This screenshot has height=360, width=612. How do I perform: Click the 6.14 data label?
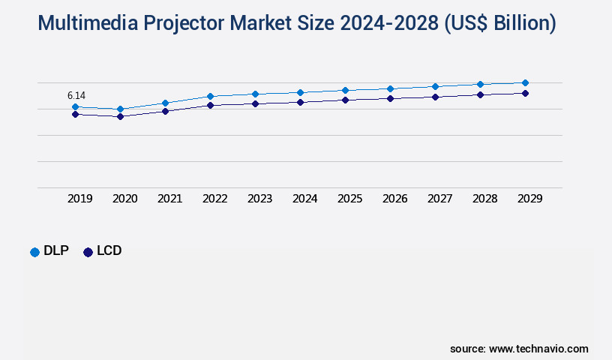[76, 95]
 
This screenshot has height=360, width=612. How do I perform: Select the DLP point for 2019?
[75, 107]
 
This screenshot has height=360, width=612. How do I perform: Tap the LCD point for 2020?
[120, 116]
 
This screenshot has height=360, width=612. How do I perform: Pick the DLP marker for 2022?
[210, 96]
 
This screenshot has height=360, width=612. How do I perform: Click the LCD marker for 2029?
[525, 93]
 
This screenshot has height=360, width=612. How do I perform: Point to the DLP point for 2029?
[525, 82]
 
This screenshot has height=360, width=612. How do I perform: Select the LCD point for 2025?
[345, 100]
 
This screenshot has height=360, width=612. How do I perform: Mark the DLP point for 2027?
[435, 86]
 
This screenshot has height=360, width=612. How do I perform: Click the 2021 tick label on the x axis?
[169, 199]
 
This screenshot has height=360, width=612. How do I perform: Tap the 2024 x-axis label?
[304, 199]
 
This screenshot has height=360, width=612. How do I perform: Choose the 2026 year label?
[394, 199]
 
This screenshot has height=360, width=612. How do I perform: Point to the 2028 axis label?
[484, 199]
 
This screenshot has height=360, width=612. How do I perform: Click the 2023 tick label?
[259, 199]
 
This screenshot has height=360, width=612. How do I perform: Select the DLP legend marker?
[34, 252]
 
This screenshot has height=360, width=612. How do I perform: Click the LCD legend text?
[109, 251]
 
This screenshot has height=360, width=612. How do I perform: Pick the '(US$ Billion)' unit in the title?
[500, 23]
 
